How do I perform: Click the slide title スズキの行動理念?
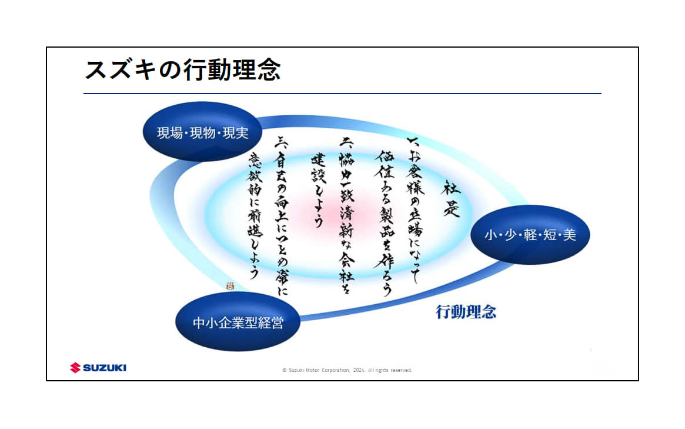[182, 70]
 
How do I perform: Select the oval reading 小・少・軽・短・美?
[530, 235]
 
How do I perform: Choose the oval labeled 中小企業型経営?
[238, 322]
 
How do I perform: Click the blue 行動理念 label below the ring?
[466, 312]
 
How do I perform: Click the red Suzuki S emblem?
[75, 368]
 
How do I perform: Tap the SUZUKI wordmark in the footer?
[105, 368]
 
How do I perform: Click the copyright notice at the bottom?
[347, 370]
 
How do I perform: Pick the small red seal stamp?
[230, 285]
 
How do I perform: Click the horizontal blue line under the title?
[342, 94]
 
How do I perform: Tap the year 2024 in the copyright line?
[359, 370]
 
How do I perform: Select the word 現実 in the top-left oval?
[235, 133]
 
